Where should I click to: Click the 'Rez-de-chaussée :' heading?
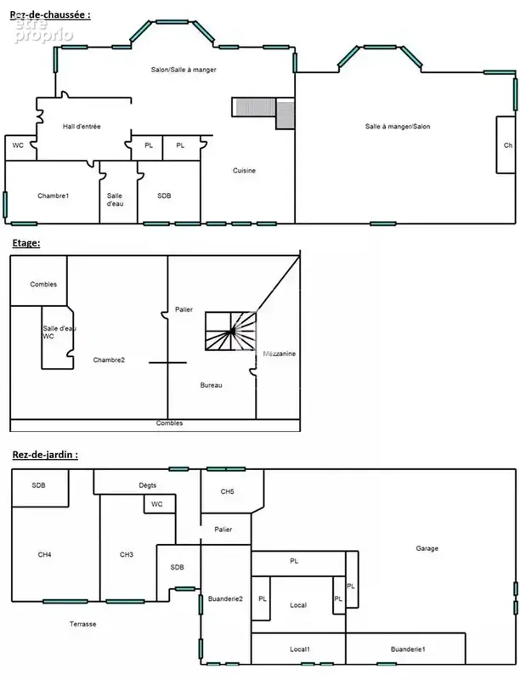(50, 14)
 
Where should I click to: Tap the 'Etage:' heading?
(26, 243)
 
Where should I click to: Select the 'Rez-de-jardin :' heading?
(45, 455)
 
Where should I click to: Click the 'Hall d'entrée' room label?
(82, 127)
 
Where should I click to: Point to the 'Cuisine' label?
(244, 171)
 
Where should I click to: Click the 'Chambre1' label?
(54, 195)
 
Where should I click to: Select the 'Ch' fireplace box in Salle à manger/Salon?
(506, 144)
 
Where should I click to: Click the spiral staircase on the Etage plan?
(230, 331)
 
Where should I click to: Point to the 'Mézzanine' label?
(280, 354)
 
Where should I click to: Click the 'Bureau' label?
(211, 385)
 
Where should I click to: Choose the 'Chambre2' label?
(109, 360)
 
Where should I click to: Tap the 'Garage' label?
(427, 548)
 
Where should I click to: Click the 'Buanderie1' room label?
(408, 649)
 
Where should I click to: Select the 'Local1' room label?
(300, 649)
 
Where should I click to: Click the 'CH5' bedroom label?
(227, 491)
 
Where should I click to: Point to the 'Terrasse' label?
(82, 624)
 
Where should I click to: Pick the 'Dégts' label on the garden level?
(147, 485)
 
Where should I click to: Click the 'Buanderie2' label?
(225, 599)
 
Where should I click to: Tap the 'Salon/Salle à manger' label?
(184, 70)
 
